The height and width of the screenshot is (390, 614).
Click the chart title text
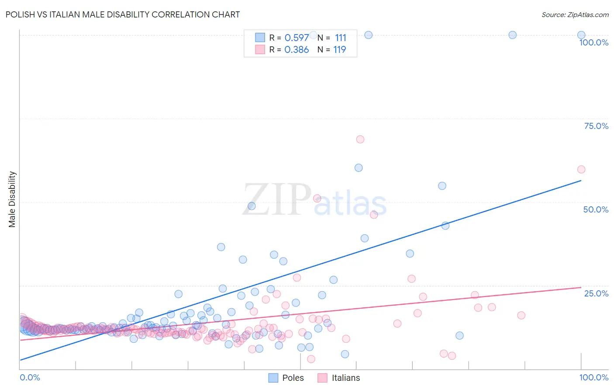click(123, 14)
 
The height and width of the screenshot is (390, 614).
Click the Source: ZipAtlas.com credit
click(575, 14)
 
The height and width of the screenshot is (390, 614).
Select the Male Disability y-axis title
click(12, 199)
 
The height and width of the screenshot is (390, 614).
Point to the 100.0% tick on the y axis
click(593, 42)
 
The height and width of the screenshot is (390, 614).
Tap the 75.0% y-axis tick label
click(596, 126)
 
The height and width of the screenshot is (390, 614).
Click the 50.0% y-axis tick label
click(596, 209)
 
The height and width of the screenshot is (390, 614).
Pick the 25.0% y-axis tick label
click(596, 293)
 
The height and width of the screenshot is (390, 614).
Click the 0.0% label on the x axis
click(30, 377)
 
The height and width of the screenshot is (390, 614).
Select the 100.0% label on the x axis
click(593, 377)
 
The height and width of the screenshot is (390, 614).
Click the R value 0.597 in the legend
click(297, 38)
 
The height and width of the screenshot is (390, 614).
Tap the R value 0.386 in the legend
click(297, 50)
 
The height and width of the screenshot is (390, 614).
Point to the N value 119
click(339, 50)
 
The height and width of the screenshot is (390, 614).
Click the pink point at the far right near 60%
click(581, 169)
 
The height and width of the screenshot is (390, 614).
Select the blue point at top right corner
click(581, 35)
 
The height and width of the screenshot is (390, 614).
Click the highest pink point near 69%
click(360, 139)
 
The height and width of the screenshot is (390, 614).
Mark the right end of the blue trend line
click(581, 180)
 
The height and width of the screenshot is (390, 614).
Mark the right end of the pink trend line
click(581, 287)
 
